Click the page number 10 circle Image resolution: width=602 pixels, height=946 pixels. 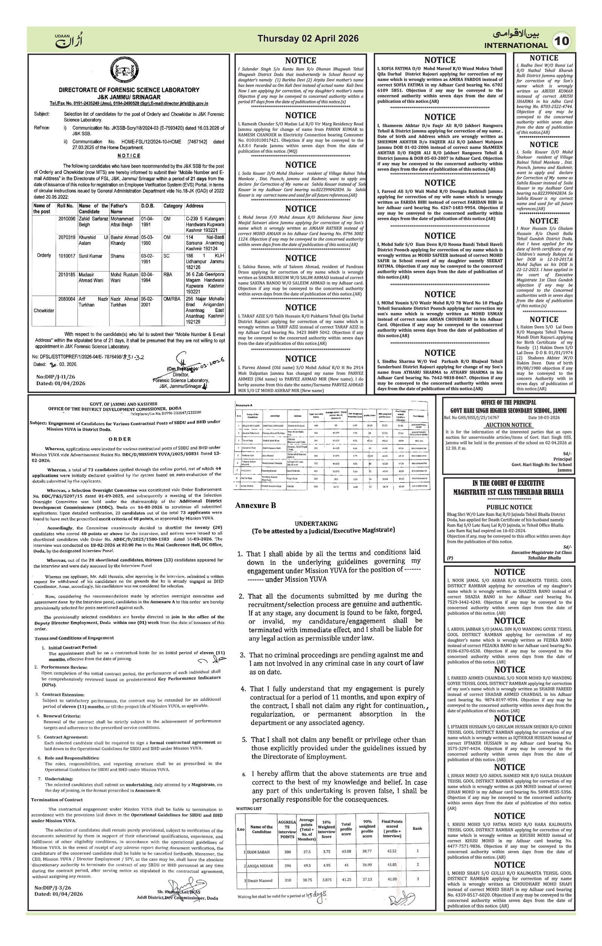562,41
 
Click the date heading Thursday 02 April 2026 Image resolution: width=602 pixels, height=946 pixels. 308,38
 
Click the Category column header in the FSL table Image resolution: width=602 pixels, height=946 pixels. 173,206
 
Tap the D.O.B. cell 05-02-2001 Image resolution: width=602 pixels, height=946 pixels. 148,302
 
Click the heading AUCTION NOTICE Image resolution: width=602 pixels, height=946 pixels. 509,425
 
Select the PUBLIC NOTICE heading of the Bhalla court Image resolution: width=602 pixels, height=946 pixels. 509,507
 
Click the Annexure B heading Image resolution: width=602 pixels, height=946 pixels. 255,505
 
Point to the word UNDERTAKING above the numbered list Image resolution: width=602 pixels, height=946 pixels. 322,523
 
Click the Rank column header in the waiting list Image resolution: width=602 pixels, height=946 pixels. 417,829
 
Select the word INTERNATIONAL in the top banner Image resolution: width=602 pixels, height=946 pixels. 515,45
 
